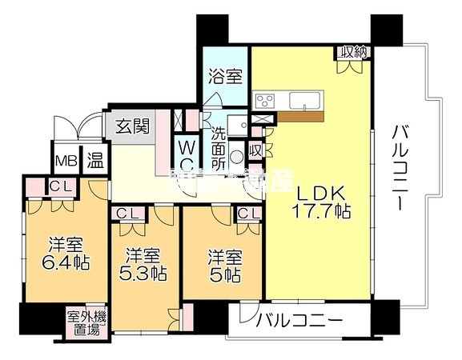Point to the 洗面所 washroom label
click(218, 146)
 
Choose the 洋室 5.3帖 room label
click(145, 265)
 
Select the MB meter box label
click(65, 160)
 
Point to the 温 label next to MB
click(94, 160)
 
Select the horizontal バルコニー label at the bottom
click(299, 322)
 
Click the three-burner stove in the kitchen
click(265, 101)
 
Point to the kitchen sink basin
click(306, 101)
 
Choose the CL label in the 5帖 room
click(247, 213)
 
